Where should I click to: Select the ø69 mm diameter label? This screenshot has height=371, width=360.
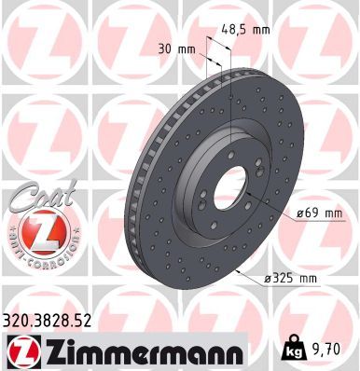pos(320,214)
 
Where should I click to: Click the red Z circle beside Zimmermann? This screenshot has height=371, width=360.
pos(21,351)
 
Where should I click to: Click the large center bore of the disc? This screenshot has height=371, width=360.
pos(228,191)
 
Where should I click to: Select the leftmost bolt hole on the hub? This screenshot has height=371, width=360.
pos(200,199)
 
